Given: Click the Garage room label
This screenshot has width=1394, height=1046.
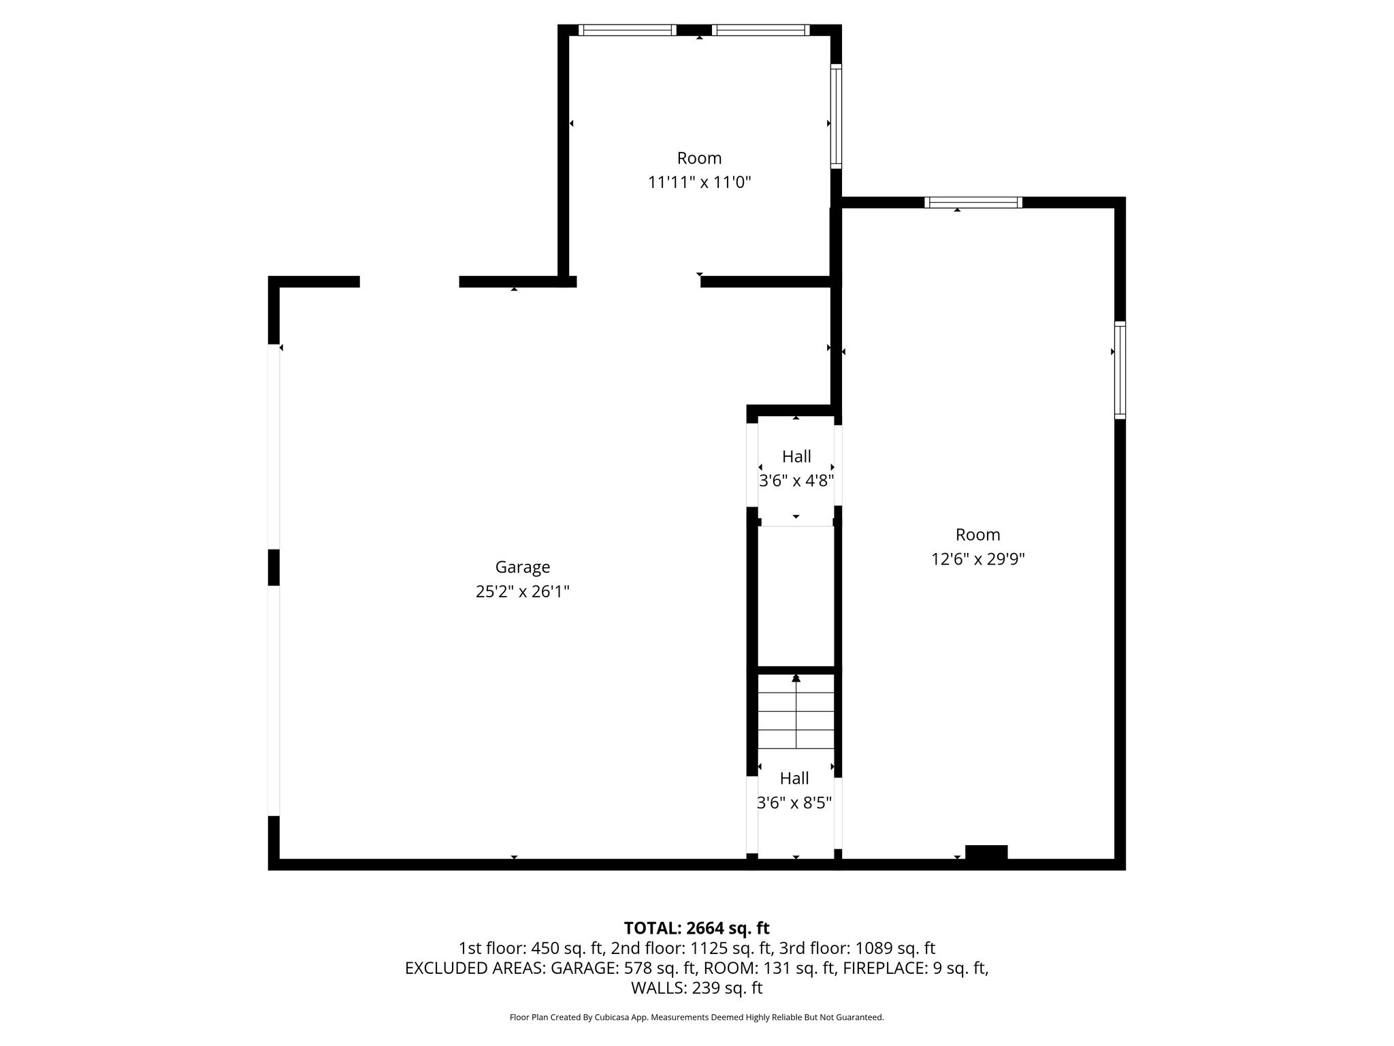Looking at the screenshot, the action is tap(522, 567).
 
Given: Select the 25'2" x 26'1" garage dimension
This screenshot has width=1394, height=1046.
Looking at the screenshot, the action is tap(522, 592).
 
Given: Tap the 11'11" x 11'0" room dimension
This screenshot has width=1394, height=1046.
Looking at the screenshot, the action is tap(699, 183).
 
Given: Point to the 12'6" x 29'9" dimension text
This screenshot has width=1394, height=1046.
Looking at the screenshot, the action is tap(977, 559).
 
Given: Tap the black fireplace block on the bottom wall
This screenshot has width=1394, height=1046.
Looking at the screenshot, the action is tap(986, 853).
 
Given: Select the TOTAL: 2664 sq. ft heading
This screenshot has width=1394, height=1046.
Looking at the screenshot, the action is tap(696, 928).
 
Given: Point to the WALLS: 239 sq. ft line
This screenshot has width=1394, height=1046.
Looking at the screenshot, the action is tap(696, 988).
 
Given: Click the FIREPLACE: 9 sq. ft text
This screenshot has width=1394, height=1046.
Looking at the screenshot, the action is tap(915, 968).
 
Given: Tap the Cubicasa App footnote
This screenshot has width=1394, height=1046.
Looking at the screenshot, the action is tap(696, 1017).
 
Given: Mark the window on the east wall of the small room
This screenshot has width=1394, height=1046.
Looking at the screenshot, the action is tap(836, 116).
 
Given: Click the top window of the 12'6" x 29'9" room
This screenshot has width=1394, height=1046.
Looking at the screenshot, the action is tap(973, 202).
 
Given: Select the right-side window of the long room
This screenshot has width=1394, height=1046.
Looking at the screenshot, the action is tap(1120, 370).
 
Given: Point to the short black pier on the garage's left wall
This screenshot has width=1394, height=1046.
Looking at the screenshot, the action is tap(274, 567).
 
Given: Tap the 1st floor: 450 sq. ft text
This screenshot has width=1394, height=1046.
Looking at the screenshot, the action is tap(531, 948).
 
